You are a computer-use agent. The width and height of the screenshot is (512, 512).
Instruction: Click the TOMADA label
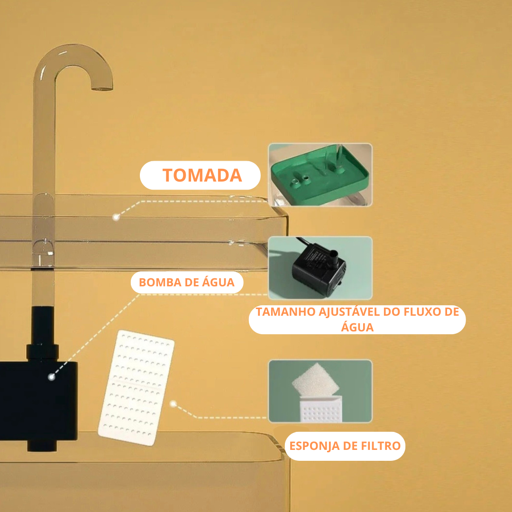202,175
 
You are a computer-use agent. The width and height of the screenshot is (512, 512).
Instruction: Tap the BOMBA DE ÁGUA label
186,283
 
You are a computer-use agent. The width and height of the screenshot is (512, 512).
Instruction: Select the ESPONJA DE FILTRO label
345,446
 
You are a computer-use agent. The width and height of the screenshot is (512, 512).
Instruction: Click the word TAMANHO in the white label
284,312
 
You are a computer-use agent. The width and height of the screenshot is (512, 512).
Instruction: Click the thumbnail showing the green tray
320,175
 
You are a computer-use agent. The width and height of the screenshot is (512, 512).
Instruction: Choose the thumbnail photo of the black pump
320,268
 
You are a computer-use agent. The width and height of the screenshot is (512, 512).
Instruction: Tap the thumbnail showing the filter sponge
320,391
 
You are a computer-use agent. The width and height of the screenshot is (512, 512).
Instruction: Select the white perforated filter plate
137,387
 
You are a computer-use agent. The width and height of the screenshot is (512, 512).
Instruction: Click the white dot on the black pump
51,377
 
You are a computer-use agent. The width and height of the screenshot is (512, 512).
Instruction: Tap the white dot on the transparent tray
115,217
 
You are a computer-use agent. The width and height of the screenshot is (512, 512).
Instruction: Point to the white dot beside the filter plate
174,404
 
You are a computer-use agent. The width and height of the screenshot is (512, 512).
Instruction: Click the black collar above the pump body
42,351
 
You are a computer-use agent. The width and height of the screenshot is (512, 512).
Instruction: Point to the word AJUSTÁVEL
347,312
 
